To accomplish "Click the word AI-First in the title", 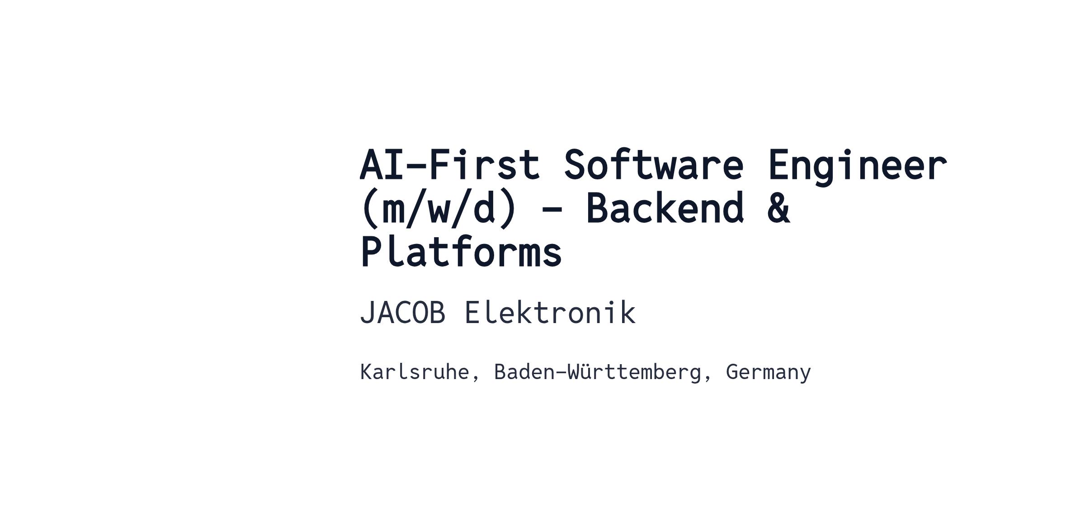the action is point(450,164).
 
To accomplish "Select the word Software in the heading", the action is point(654,164).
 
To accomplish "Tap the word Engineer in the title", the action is point(857,167).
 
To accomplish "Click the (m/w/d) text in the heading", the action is point(439,209).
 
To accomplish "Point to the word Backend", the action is point(665,208).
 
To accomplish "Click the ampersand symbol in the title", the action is point(778,208).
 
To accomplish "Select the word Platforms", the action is point(461,251).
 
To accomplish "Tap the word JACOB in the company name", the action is point(402,313).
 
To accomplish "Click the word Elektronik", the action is point(550,312).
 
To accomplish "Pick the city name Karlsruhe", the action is point(415,372).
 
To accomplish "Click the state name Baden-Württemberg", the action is point(597,372).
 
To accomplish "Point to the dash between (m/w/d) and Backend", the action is point(552,210).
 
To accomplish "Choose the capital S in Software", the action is point(575,164).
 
